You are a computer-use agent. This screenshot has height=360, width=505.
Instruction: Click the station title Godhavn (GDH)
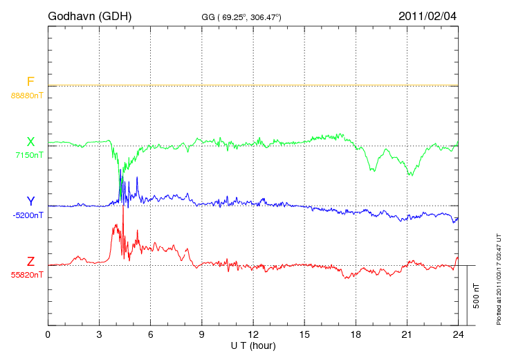coord(89,16)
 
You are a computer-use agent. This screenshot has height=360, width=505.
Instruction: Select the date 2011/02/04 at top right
coord(428,16)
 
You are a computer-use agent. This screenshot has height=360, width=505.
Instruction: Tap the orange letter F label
coord(30,82)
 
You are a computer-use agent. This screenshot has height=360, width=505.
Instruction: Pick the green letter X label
coord(30,142)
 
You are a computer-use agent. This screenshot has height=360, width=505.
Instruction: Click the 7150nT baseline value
coord(29,155)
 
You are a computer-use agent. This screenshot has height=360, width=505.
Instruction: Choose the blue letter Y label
coord(30,201)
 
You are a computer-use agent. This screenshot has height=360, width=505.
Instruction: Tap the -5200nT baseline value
coord(28,215)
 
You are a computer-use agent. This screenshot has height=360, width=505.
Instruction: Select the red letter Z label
coord(30,262)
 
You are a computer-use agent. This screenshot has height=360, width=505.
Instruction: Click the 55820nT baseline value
coord(27,275)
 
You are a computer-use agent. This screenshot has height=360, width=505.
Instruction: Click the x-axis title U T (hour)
coord(253,345)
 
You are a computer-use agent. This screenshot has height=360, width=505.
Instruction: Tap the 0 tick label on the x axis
coord(48,334)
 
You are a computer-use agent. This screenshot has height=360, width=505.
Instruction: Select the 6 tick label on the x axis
coord(151,334)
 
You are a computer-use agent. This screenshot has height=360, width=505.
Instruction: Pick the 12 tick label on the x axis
coord(253,334)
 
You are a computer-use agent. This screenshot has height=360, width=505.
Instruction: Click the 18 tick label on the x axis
coord(356,334)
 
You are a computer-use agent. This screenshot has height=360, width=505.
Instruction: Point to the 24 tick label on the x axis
coord(458,334)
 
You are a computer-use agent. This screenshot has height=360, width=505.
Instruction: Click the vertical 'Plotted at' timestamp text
coord(499,277)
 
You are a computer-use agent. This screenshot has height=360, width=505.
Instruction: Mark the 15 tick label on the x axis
coord(304,334)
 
